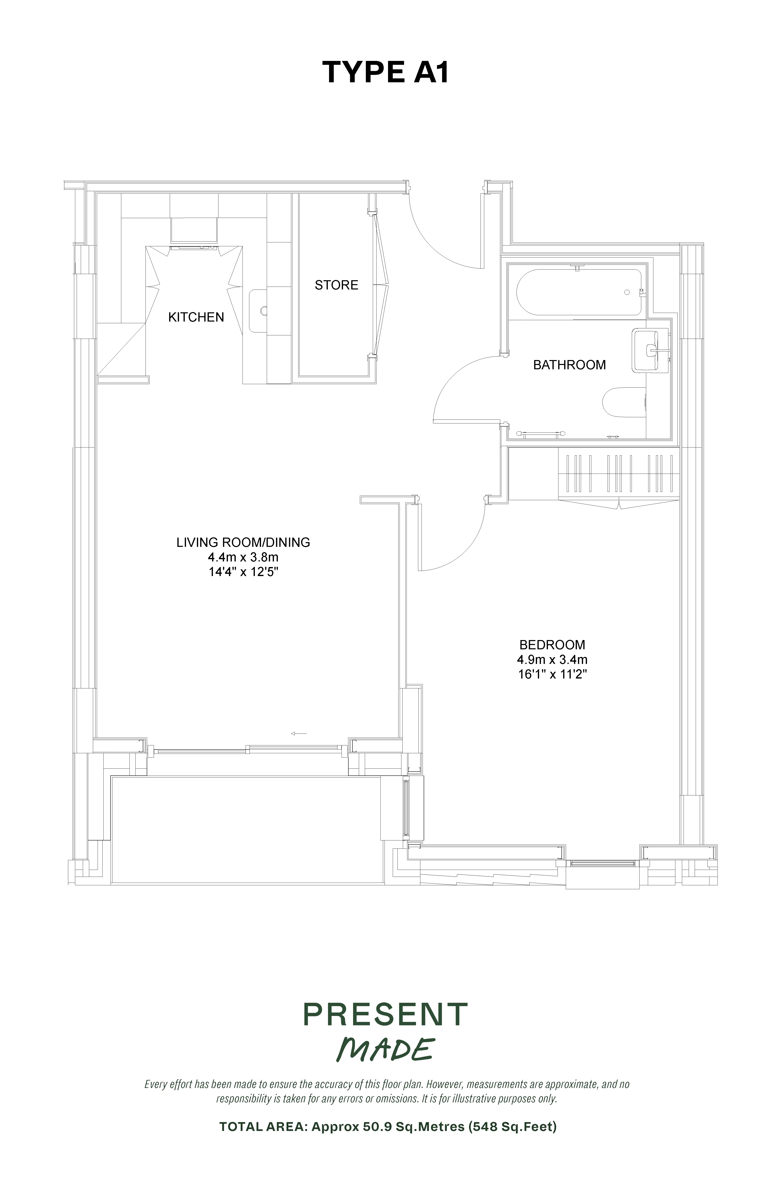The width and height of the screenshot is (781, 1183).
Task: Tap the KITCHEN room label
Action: point(196,317)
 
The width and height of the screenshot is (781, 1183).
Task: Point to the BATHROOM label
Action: point(569,365)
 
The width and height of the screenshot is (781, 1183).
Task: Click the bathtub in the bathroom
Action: point(579,293)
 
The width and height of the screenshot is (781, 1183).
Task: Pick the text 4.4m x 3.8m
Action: point(243,557)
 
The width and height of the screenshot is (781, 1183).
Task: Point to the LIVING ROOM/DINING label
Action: point(243,542)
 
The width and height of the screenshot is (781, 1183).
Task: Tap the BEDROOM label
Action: point(552,645)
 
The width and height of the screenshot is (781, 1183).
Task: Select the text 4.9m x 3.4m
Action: point(552,660)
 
